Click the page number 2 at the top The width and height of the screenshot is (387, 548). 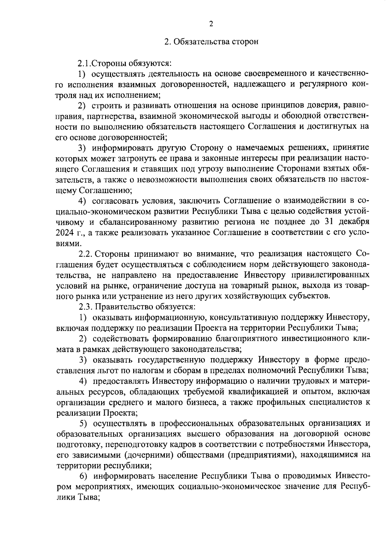point(211,24)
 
